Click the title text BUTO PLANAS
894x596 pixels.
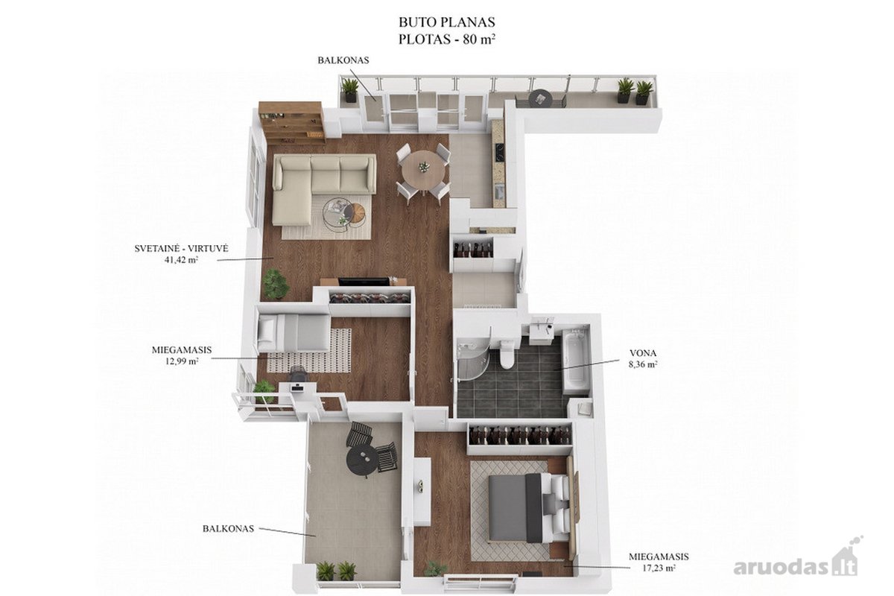tap(446, 22)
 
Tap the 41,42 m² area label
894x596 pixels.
tap(182, 260)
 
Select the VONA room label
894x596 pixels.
tap(643, 353)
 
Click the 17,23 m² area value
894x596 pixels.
tap(659, 567)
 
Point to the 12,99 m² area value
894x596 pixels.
tap(182, 361)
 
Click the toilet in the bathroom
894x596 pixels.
tap(507, 354)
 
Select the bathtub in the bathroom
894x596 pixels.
tap(574, 360)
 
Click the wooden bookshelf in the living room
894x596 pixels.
tap(292, 121)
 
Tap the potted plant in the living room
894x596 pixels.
tap(276, 283)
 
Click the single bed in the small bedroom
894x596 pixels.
tap(294, 333)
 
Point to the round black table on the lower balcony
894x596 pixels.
tap(361, 460)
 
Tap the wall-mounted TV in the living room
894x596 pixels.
tap(364, 281)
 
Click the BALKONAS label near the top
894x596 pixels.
tap(343, 60)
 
